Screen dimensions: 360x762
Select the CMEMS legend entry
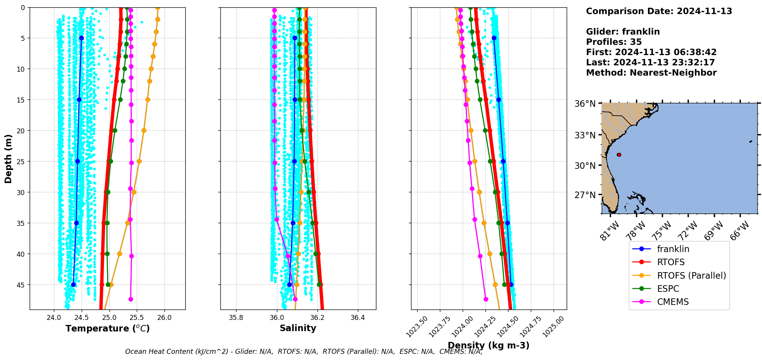pyautogui.click(x=673, y=302)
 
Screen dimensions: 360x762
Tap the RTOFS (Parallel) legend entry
pyautogui.click(x=691, y=276)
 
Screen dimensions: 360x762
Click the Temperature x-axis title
pyautogui.click(x=107, y=328)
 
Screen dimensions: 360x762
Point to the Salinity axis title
pyautogui.click(x=298, y=328)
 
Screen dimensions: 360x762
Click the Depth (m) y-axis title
pyautogui.click(x=8, y=158)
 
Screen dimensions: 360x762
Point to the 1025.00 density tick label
pyautogui.click(x=554, y=326)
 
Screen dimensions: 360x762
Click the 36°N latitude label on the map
pyautogui.click(x=585, y=104)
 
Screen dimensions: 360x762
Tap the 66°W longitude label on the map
pyautogui.click(x=739, y=230)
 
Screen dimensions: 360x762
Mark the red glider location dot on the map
pyautogui.click(x=619, y=155)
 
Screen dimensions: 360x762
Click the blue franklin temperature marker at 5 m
pyautogui.click(x=81, y=38)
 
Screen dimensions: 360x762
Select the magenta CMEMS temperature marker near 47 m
pyautogui.click(x=131, y=299)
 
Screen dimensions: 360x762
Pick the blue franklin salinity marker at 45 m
pyautogui.click(x=289, y=284)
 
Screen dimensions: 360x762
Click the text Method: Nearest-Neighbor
pyautogui.click(x=651, y=72)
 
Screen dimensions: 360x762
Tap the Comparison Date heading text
pyautogui.click(x=659, y=11)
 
